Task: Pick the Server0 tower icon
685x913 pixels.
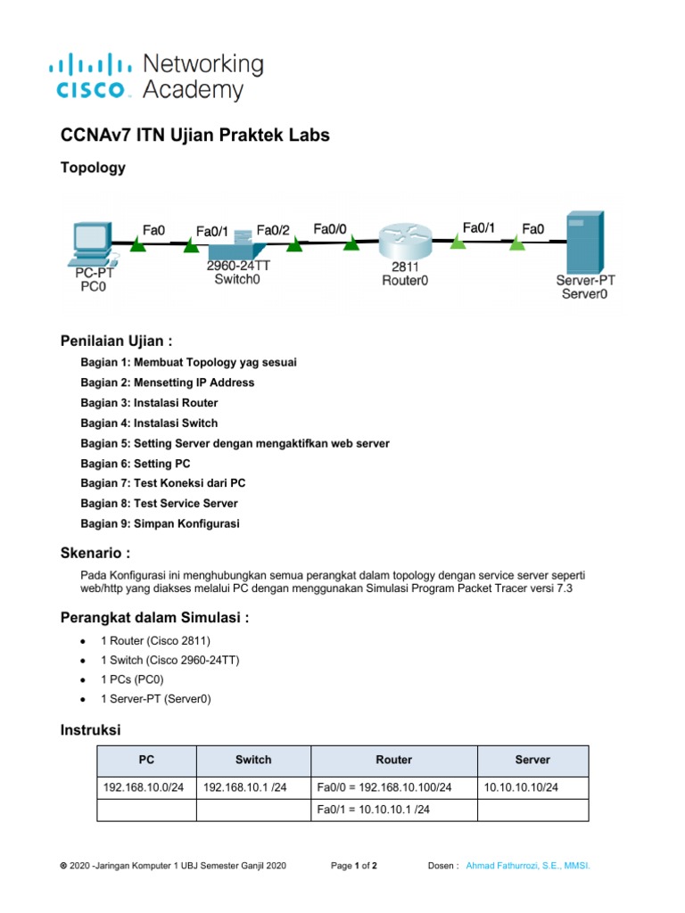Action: [x=584, y=243]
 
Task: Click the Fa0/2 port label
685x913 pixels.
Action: [x=274, y=231]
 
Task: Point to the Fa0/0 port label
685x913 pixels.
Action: [x=330, y=229]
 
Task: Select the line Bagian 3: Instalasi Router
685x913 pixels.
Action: [x=149, y=403]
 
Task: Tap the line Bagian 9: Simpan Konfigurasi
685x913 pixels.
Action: [x=160, y=523]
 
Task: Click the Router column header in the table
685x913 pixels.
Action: [x=393, y=760]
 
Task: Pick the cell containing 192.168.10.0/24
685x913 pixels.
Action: [x=143, y=787]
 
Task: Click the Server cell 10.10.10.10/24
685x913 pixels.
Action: [x=521, y=787]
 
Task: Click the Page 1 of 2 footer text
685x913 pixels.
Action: [x=354, y=866]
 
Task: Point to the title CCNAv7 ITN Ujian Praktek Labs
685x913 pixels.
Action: [x=194, y=136]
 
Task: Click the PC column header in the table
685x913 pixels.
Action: [x=146, y=760]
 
